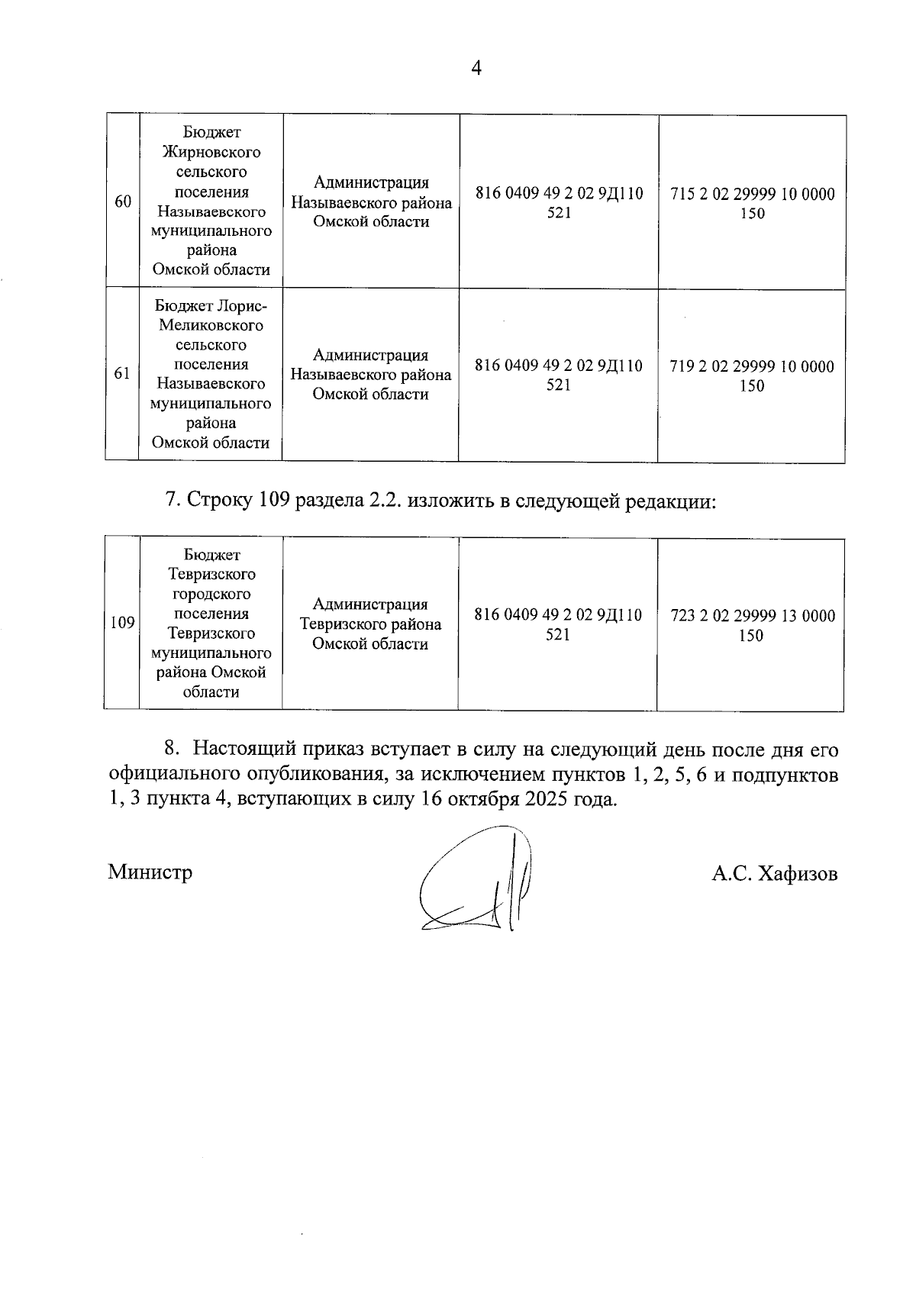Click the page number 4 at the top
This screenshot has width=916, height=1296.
476,69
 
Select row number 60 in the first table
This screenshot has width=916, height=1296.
122,201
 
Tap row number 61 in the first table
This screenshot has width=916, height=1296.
122,374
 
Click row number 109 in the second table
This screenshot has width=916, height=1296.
122,623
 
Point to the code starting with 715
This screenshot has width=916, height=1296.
752,203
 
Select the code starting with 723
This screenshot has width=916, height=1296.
752,625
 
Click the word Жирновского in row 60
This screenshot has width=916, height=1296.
211,152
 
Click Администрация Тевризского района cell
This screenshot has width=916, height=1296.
370,624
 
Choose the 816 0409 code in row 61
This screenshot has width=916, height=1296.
558,375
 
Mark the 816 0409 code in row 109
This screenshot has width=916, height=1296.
557,624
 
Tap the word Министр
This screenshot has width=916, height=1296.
150,872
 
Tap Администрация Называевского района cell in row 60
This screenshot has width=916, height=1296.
371,202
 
